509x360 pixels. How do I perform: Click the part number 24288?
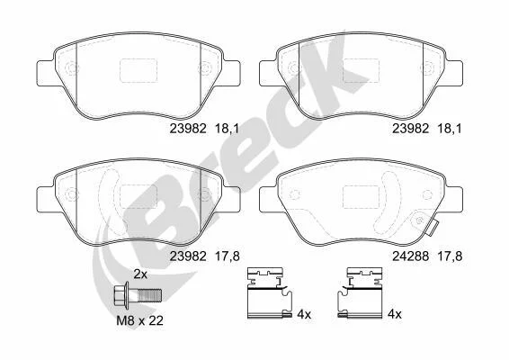click(410, 256)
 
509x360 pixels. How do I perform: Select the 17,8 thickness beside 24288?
click(450, 256)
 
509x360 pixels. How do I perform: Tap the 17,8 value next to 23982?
click(228, 256)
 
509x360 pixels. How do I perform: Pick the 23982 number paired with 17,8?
click(188, 256)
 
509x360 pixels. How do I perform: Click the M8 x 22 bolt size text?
click(140, 321)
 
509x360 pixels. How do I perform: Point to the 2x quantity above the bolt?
click(140, 274)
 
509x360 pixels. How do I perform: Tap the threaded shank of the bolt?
click(149, 296)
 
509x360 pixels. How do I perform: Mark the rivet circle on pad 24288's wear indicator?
click(418, 220)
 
